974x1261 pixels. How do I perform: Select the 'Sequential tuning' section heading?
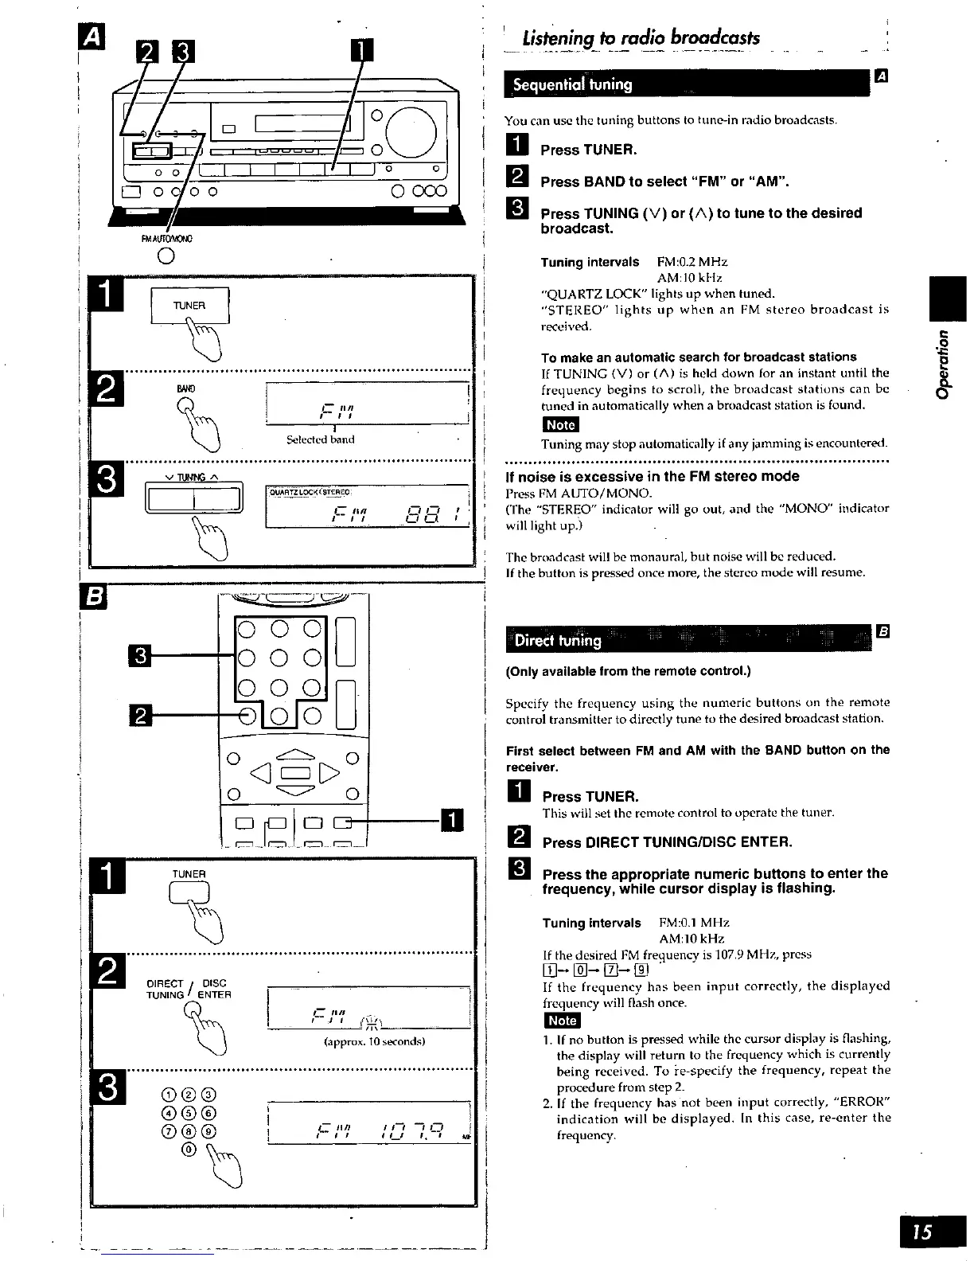(572, 84)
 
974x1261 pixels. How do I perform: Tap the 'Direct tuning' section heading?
(558, 640)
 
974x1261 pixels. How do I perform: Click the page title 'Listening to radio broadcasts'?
(641, 37)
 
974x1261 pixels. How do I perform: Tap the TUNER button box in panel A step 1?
(190, 306)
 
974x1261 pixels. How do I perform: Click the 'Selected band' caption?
(320, 439)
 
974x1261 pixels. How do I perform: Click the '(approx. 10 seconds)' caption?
(367, 1041)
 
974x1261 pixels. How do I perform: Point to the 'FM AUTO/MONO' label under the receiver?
(167, 238)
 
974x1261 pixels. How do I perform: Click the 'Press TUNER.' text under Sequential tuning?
(588, 150)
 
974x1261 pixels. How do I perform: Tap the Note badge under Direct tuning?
(562, 1021)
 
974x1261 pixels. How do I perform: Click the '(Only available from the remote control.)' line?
(628, 670)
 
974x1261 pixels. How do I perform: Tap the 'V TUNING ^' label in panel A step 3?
(192, 478)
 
